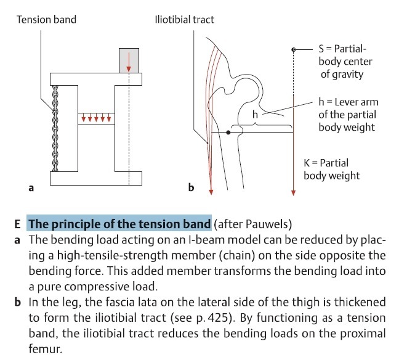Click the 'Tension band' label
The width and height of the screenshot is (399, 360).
[46, 20]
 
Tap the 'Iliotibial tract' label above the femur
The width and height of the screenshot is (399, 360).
[184, 20]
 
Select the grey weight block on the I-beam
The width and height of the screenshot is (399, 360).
[129, 60]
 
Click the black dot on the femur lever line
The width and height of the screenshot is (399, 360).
[228, 133]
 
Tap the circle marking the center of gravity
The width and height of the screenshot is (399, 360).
[294, 49]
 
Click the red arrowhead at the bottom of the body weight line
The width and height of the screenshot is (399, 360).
[294, 192]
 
